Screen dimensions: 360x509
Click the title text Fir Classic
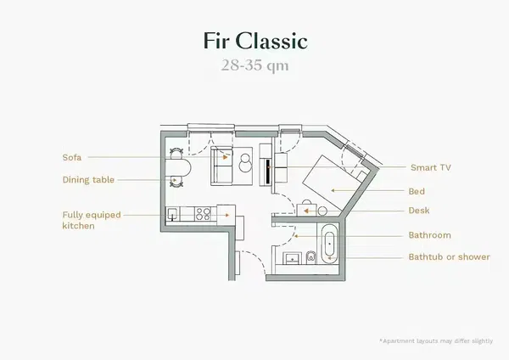(x=254, y=42)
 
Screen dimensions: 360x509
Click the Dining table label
(x=88, y=180)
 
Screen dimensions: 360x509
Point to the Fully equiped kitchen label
(x=88, y=221)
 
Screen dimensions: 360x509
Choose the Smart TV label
(x=429, y=168)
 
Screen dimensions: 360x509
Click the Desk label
(x=418, y=211)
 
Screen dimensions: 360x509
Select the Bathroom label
(x=429, y=235)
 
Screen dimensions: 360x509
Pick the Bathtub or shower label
(x=449, y=256)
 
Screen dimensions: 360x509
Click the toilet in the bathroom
(x=311, y=256)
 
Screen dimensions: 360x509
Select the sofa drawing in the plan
(x=222, y=165)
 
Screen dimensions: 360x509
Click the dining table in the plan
(x=177, y=167)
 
